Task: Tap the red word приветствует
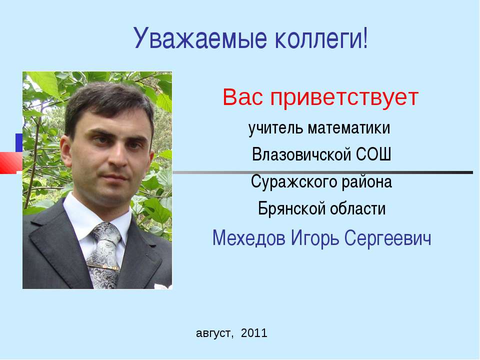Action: point(344,98)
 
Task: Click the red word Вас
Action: point(243,97)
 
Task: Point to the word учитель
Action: point(275,128)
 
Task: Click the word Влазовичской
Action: point(301,154)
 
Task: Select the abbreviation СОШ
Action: point(373,154)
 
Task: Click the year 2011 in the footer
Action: point(254,333)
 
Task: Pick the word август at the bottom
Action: point(215,333)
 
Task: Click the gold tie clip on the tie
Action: point(102,266)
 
